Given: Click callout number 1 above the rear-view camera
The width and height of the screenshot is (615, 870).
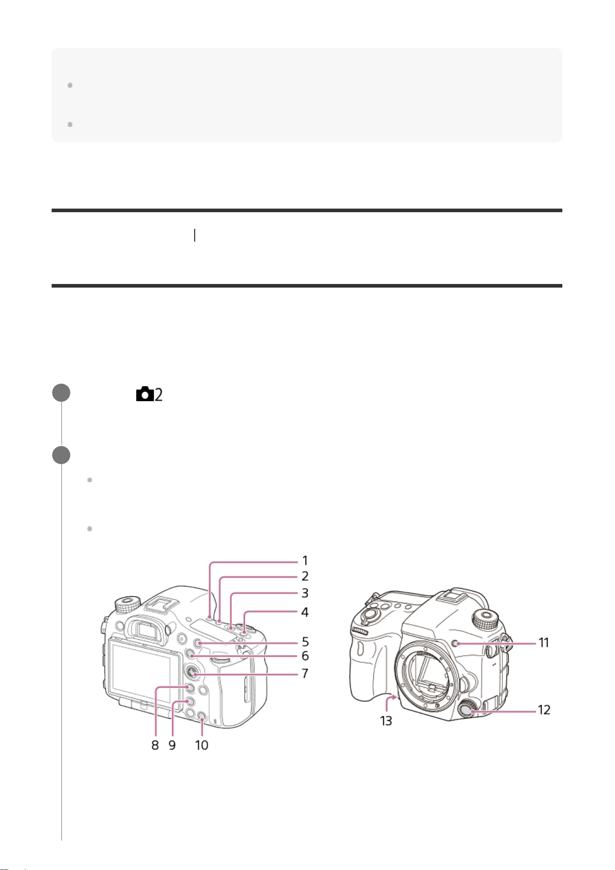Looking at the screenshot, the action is [305, 561].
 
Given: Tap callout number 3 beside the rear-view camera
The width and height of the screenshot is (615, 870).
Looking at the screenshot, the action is [305, 593].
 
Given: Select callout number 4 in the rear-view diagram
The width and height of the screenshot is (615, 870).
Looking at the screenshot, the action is [305, 612].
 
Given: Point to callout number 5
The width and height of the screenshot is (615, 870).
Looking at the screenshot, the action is [305, 642].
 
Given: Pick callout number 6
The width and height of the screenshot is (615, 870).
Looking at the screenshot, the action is [305, 656].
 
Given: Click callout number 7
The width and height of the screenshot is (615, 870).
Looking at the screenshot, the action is [305, 673].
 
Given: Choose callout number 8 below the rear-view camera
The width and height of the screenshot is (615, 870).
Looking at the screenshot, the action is [155, 745].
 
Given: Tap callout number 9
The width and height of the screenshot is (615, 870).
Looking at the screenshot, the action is [172, 745].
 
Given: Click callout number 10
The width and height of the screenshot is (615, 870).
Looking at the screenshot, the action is [201, 745].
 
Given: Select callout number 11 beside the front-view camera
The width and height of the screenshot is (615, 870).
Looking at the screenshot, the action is [544, 643].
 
